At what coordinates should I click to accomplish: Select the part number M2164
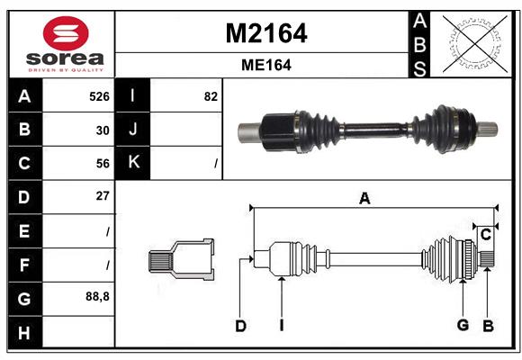point(265,33)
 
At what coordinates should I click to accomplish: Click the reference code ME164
point(265,65)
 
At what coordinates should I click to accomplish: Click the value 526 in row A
point(98,96)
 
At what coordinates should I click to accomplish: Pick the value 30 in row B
point(103,130)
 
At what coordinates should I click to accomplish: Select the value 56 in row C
point(103,163)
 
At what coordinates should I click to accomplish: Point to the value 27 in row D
point(103,195)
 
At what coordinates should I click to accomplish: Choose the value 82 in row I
point(211,96)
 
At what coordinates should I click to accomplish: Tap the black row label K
point(133,163)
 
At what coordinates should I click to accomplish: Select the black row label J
point(133,130)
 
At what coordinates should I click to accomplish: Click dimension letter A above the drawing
point(364,199)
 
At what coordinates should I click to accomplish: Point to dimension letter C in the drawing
point(485,235)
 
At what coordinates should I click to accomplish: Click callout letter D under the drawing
point(240,326)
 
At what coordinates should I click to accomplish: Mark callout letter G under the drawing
point(463,326)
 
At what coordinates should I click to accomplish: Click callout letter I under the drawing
point(281,326)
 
